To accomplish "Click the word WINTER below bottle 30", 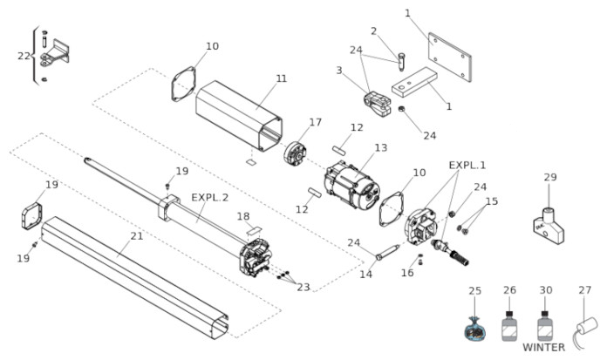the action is pyautogui.click(x=543, y=347).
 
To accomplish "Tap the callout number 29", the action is pyautogui.click(x=550, y=177).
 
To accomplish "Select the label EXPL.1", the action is pyautogui.click(x=467, y=166).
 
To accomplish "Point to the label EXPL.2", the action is pyautogui.click(x=210, y=197).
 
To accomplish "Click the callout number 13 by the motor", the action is pyautogui.click(x=381, y=147).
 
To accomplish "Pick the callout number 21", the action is pyautogui.click(x=137, y=236).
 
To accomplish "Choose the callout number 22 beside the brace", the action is pyautogui.click(x=24, y=56).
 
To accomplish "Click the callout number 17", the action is pyautogui.click(x=315, y=122).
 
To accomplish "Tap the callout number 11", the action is pyautogui.click(x=282, y=78).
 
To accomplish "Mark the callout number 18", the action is pyautogui.click(x=243, y=216).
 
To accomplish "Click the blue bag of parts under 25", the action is pyautogui.click(x=475, y=329).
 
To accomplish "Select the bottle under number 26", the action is pyautogui.click(x=510, y=325).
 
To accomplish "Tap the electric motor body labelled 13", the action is pyautogui.click(x=351, y=185).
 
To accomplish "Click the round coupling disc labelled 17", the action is pyautogui.click(x=295, y=153).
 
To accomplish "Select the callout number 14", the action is pyautogui.click(x=365, y=274).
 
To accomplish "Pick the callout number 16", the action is pyautogui.click(x=407, y=273).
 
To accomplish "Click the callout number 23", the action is pyautogui.click(x=303, y=287).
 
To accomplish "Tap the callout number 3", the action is pyautogui.click(x=339, y=71).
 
